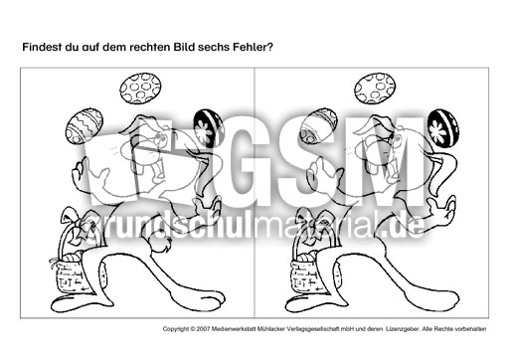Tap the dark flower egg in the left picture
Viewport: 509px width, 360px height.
(x=207, y=128)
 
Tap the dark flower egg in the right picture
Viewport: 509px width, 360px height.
(x=440, y=128)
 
